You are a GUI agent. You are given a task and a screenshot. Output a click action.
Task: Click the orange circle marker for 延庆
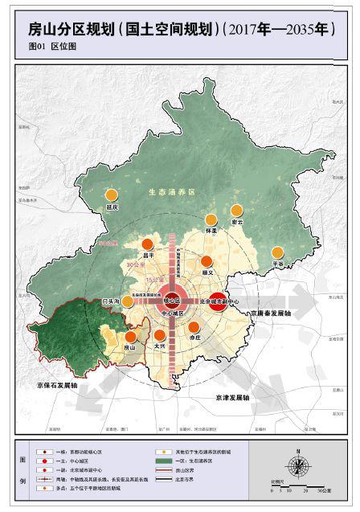pos(112,195)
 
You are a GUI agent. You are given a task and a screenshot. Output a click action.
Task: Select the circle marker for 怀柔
pos(211,219)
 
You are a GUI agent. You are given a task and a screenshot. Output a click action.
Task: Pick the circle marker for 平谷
pos(277,252)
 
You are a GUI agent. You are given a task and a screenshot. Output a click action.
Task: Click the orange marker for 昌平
pos(147,245)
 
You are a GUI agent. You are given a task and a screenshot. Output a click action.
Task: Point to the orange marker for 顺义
pos(207,261)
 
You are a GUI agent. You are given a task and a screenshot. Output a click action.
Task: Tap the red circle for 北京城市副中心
pos(215,302)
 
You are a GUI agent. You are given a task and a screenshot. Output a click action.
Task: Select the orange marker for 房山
pos(129,337)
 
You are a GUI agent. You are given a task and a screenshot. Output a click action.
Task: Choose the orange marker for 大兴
pos(159,334)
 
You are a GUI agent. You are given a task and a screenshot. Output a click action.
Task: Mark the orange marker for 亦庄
pos(194,326)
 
